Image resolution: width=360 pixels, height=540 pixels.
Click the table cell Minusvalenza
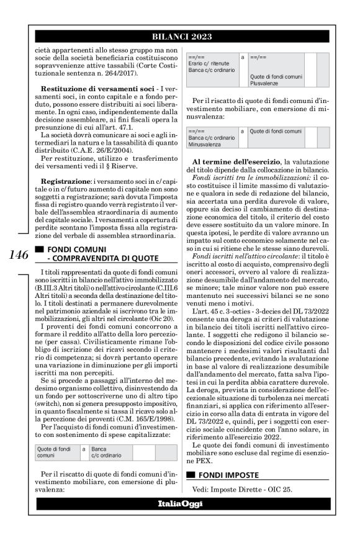pos(212,143)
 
